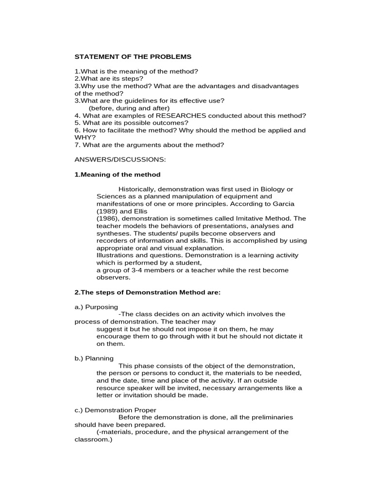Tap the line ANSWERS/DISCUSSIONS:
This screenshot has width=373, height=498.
(x=120, y=160)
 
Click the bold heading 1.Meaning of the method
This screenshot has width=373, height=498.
(x=117, y=175)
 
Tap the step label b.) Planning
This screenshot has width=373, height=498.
(x=94, y=358)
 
